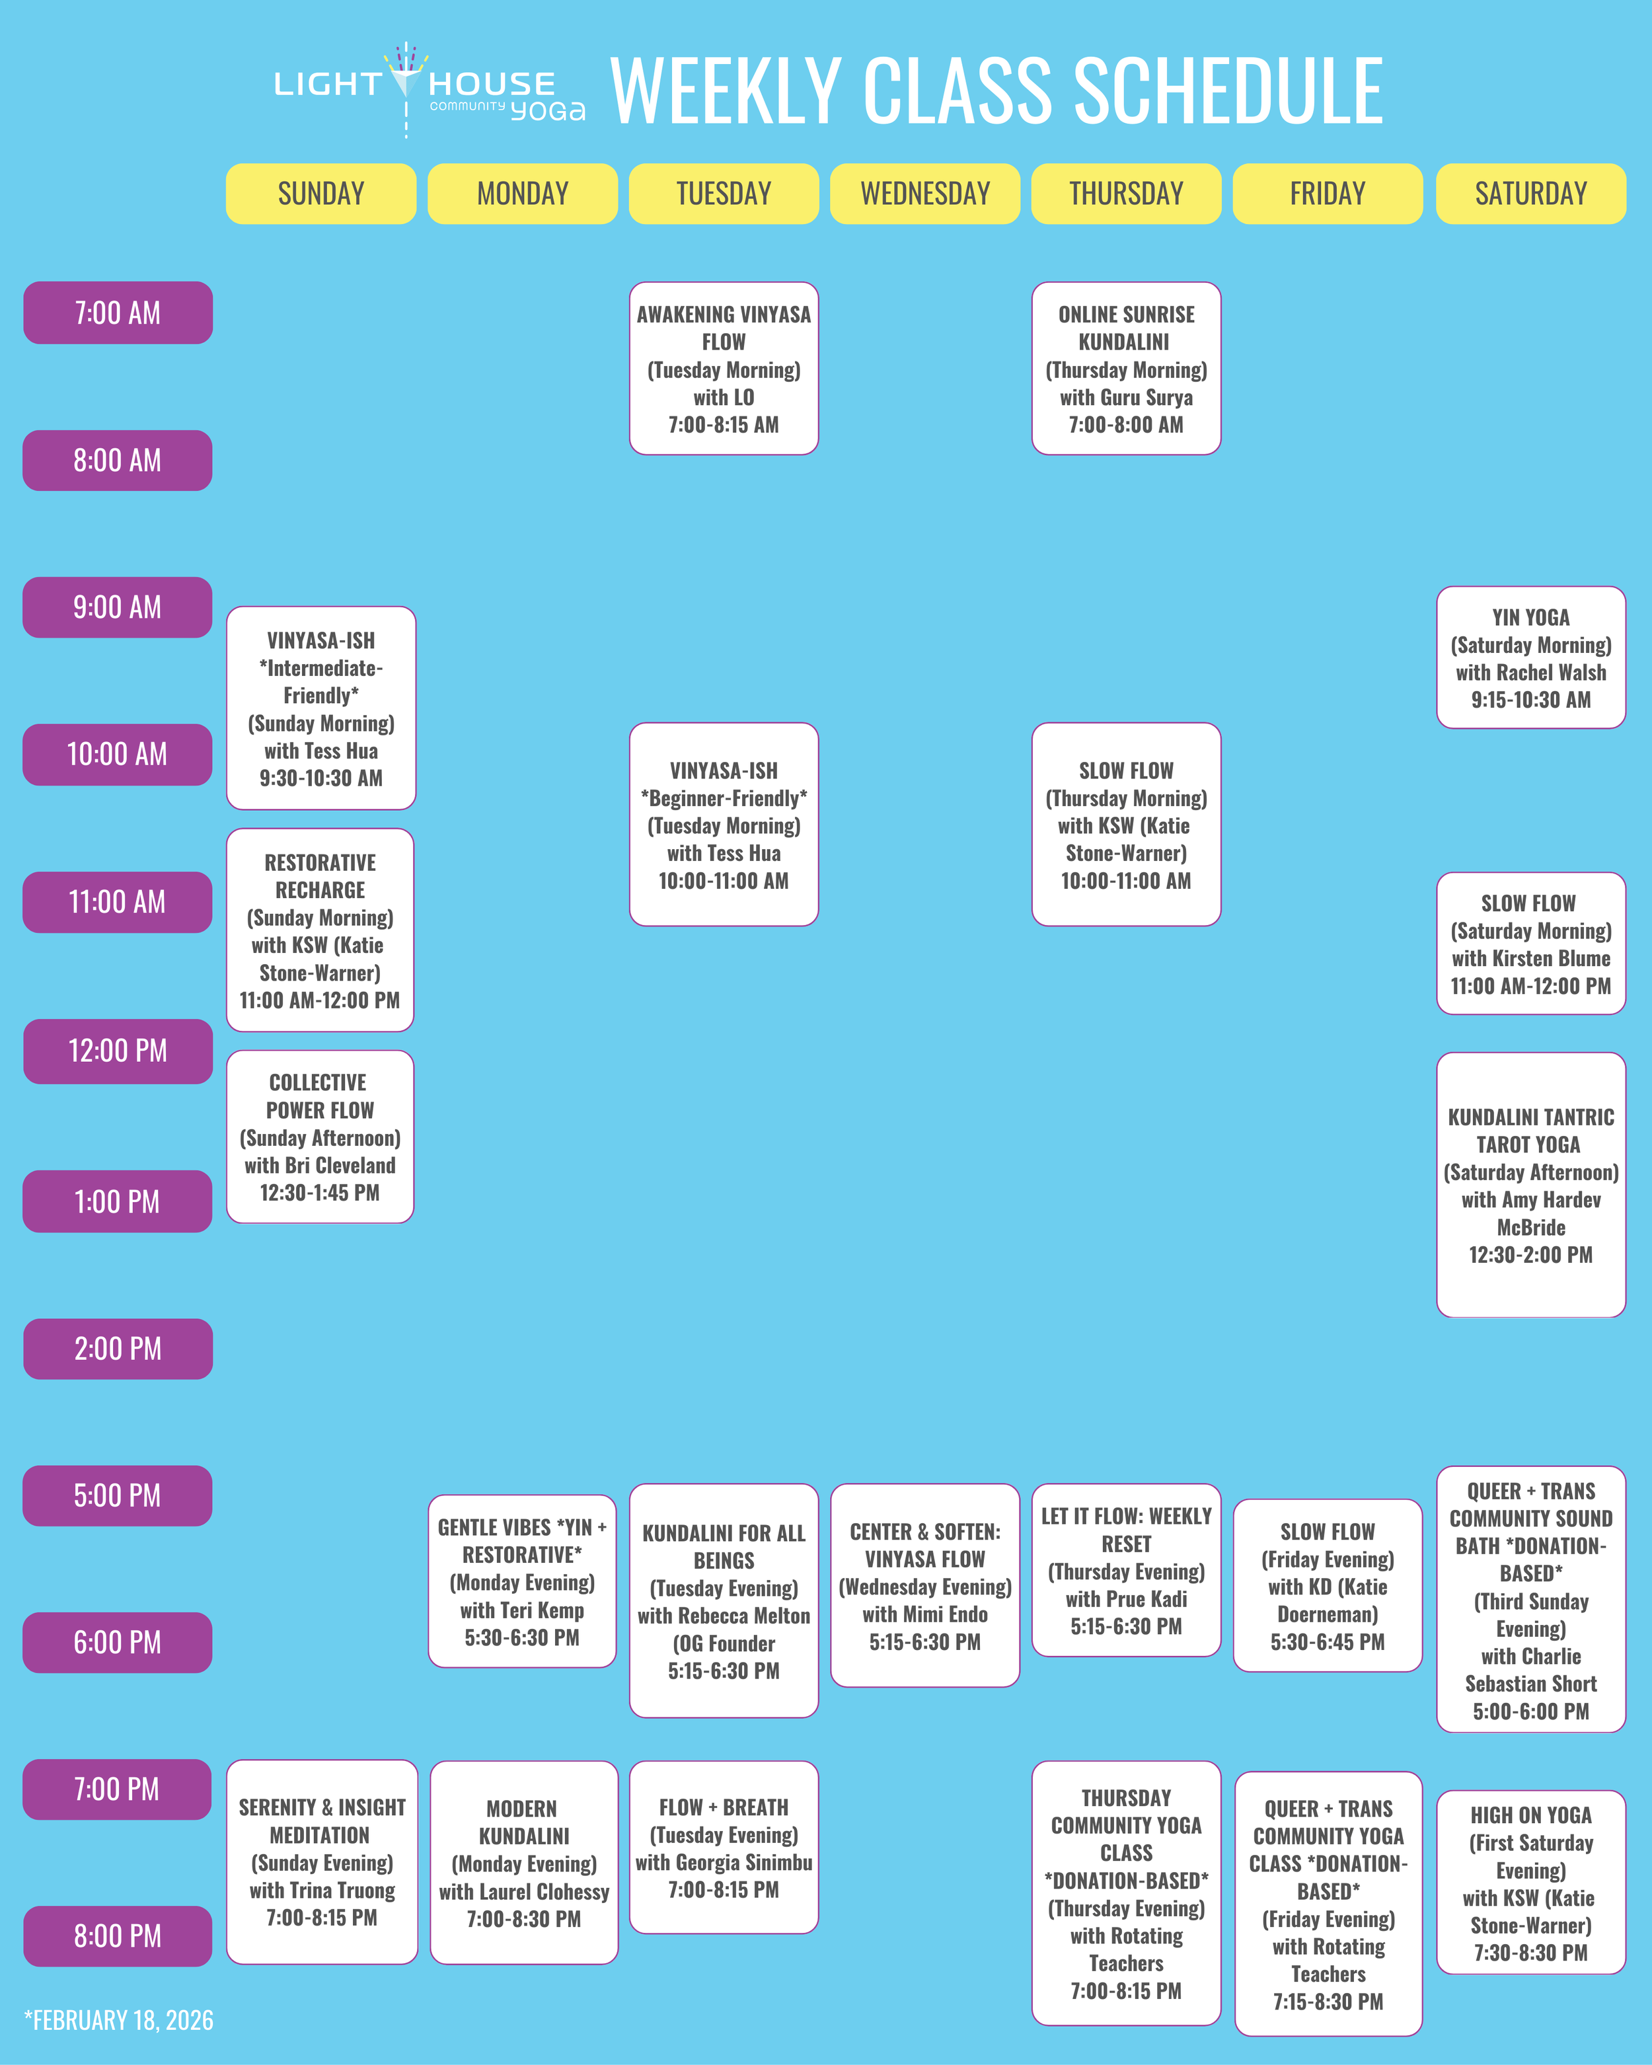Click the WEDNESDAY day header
pyautogui.click(x=924, y=194)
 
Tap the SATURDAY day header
pyautogui.click(x=1530, y=194)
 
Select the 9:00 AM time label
pyautogui.click(x=117, y=607)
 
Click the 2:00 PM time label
pyautogui.click(x=118, y=1349)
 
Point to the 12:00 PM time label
pyautogui.click(x=118, y=1051)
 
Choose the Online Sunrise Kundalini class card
pyautogui.click(x=1125, y=369)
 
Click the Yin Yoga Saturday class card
pyautogui.click(x=1530, y=658)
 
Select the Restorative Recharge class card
pyautogui.click(x=320, y=930)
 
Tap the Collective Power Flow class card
pyautogui.click(x=320, y=1137)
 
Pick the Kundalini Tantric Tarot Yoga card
pyautogui.click(x=1530, y=1185)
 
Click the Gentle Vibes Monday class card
pyautogui.click(x=522, y=1581)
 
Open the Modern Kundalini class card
pyautogui.click(x=524, y=1863)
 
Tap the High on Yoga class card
pyautogui.click(x=1530, y=1882)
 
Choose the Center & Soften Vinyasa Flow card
pyautogui.click(x=924, y=1585)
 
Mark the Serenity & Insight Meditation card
pyautogui.click(x=322, y=1862)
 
